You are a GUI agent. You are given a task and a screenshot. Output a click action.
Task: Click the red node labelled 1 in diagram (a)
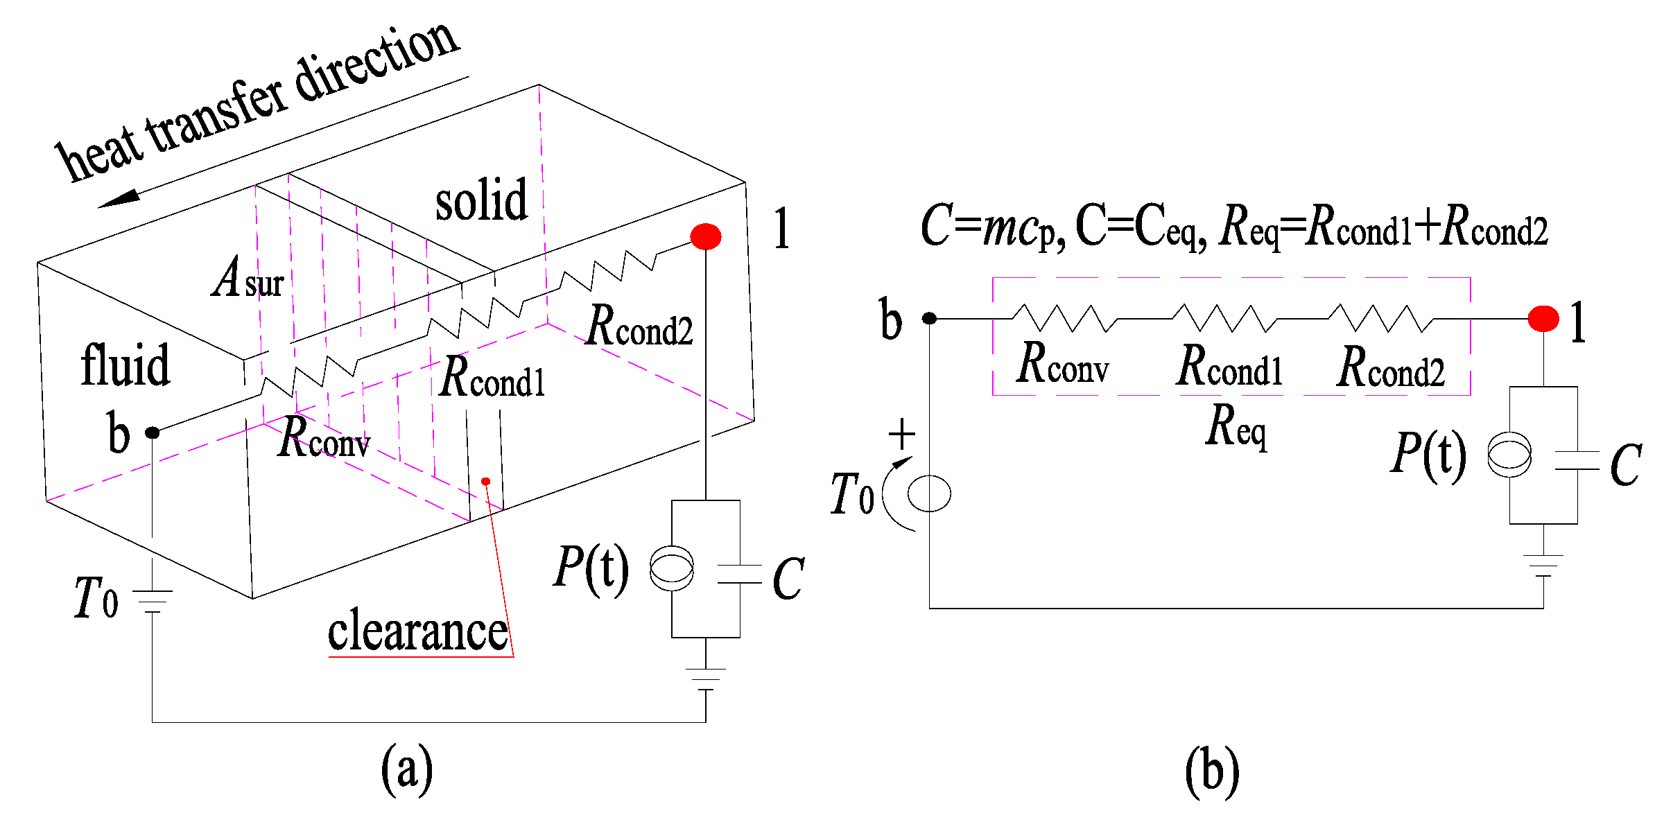705,236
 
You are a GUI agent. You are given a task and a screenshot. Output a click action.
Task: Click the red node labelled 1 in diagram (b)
1543,319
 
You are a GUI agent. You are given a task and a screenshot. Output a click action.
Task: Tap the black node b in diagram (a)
152,432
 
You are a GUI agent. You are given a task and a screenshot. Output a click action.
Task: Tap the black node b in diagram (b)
929,318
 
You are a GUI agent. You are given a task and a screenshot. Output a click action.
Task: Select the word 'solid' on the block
481,200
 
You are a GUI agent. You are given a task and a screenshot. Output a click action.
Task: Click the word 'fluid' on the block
125,365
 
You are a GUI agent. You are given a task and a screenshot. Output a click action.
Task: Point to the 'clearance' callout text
417,631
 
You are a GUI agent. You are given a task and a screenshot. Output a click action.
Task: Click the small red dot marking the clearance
485,481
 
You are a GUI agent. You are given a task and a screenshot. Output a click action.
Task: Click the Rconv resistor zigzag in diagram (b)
1064,318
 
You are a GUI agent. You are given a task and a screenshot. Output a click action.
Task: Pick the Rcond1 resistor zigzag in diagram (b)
1224,318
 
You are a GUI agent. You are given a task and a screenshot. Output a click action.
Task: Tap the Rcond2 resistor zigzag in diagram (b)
1380,318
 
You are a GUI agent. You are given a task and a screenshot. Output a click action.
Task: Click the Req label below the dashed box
1236,426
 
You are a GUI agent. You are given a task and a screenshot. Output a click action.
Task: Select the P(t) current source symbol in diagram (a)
671,568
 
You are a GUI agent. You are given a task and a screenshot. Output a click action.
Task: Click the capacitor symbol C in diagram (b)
1577,461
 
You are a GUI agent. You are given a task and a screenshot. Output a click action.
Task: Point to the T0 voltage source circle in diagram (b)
929,493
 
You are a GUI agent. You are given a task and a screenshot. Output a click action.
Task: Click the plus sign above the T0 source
901,435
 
